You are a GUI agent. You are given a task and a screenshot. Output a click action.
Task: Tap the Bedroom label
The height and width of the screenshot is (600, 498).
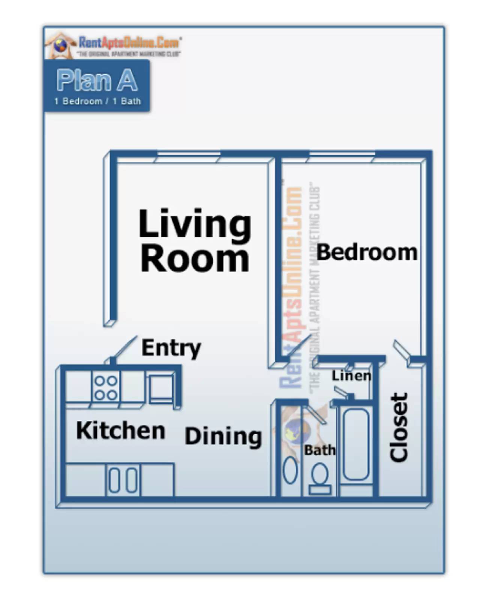pos(367,252)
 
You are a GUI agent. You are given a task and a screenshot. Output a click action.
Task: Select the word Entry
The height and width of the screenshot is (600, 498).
pos(171,348)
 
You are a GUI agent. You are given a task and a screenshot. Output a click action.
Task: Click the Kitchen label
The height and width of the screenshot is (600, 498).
pos(121,430)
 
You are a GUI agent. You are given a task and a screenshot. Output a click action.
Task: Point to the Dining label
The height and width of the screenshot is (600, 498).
pos(223,436)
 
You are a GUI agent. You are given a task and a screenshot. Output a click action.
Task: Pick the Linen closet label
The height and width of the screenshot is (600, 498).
pos(351,375)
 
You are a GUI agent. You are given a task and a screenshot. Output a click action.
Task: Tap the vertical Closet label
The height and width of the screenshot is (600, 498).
pos(399,427)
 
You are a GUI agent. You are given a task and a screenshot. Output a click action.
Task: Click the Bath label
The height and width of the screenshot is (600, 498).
pos(319,450)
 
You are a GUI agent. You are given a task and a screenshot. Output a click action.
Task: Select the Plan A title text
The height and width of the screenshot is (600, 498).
pos(97,80)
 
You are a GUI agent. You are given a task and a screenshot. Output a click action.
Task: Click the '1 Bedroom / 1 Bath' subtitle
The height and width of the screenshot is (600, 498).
pos(97,101)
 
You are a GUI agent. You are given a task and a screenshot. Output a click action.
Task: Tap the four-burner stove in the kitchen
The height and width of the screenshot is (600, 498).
pos(106,387)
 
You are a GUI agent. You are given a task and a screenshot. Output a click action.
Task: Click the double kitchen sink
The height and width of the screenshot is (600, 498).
pos(123,480)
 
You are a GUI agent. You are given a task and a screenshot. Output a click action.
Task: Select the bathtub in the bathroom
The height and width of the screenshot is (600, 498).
pos(355,444)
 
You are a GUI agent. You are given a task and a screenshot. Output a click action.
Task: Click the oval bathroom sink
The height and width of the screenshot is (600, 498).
pos(290,470)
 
